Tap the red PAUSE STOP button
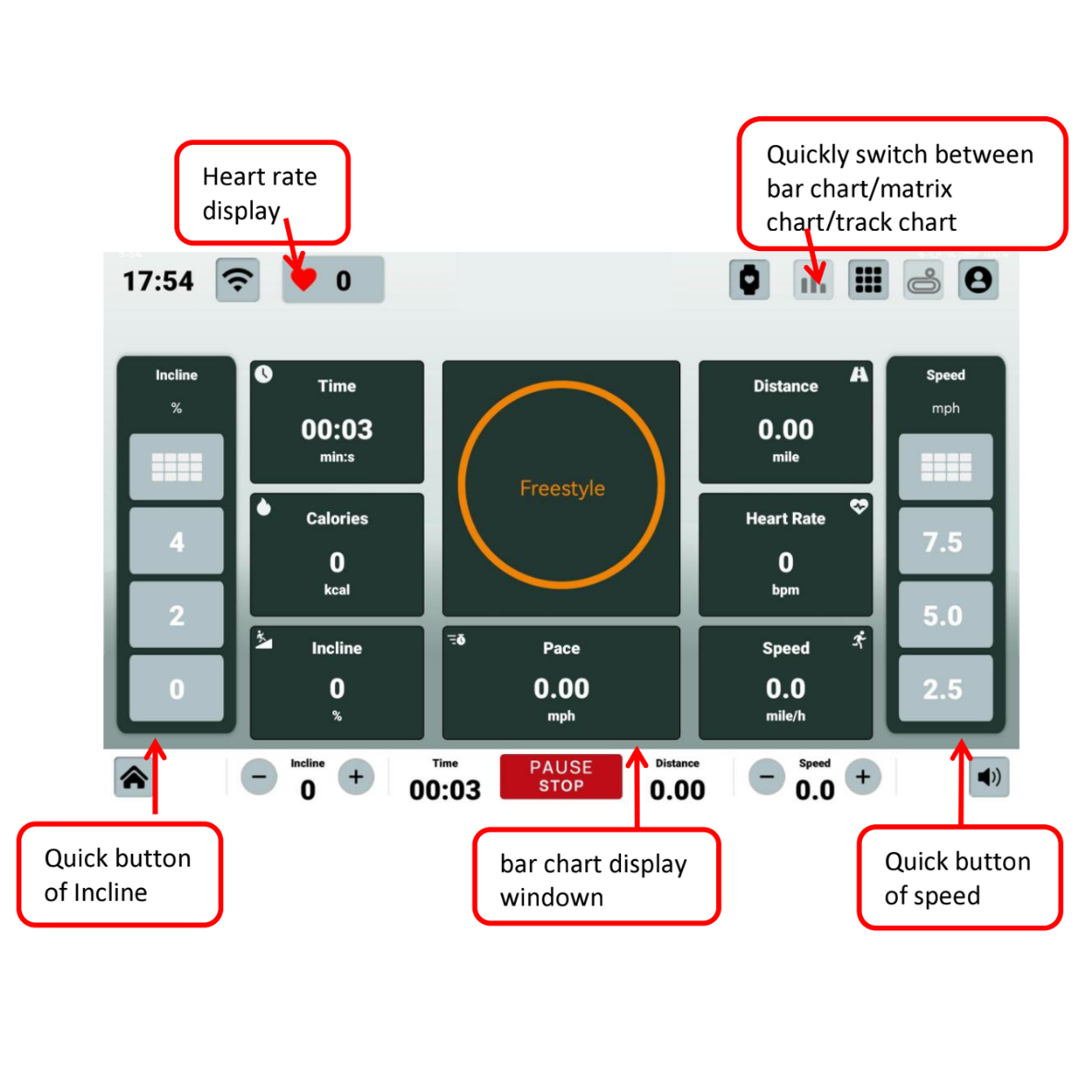[560, 776]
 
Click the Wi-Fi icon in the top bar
[238, 280]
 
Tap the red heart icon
[303, 279]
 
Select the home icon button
[134, 777]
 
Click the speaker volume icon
[988, 777]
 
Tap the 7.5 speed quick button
[944, 542]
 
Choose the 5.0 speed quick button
[944, 616]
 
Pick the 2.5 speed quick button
[944, 689]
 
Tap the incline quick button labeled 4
[176, 542]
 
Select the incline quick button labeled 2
[176, 616]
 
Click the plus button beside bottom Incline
[356, 777]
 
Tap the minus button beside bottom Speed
[766, 777]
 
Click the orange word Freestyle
[562, 488]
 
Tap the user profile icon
[978, 280]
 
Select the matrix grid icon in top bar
[868, 280]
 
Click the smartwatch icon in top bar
[749, 280]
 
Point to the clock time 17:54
[158, 281]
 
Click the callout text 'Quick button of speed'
[957, 878]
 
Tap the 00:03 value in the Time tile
[337, 429]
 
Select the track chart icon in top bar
[923, 280]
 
